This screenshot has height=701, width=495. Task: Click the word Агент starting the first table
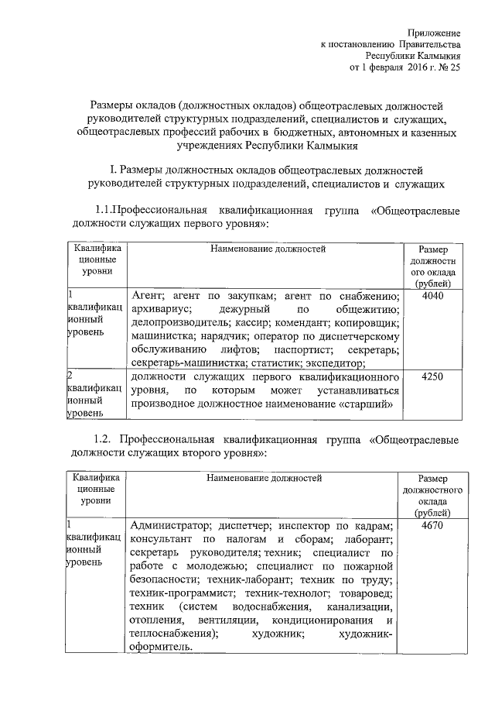[x=146, y=296]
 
